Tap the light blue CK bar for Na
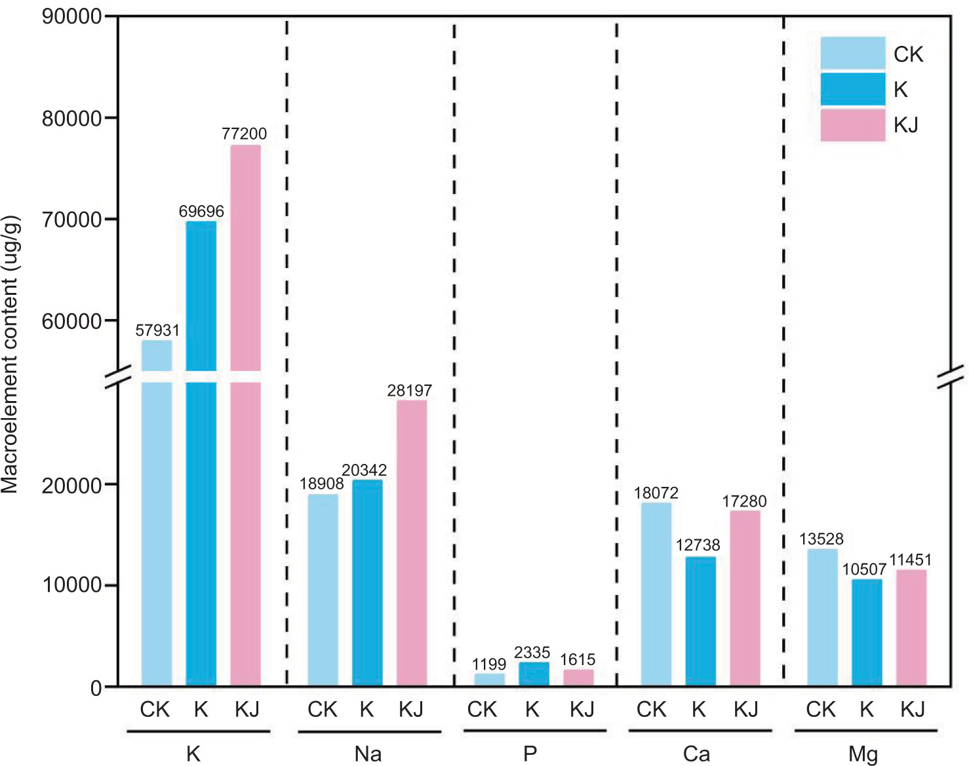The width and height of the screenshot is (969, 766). pyautogui.click(x=323, y=590)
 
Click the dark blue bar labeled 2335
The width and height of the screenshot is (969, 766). pyautogui.click(x=534, y=674)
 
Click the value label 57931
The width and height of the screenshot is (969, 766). pyautogui.click(x=157, y=330)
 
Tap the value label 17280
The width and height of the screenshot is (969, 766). pyautogui.click(x=744, y=501)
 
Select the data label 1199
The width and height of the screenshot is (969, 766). pyautogui.click(x=489, y=664)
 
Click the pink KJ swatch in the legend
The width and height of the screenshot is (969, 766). pyautogui.click(x=852, y=124)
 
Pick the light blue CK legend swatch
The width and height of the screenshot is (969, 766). pyautogui.click(x=852, y=53)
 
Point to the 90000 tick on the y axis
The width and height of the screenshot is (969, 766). pyautogui.click(x=72, y=17)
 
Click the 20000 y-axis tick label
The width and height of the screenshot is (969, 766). pyautogui.click(x=72, y=486)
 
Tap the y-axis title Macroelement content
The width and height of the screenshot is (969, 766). pyautogui.click(x=11, y=354)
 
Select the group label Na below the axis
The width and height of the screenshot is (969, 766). pyautogui.click(x=368, y=754)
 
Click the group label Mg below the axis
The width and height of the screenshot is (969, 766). pyautogui.click(x=863, y=754)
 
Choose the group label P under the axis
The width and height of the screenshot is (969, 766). pyautogui.click(x=530, y=754)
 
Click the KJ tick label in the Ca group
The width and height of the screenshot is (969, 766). pyautogui.click(x=745, y=710)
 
